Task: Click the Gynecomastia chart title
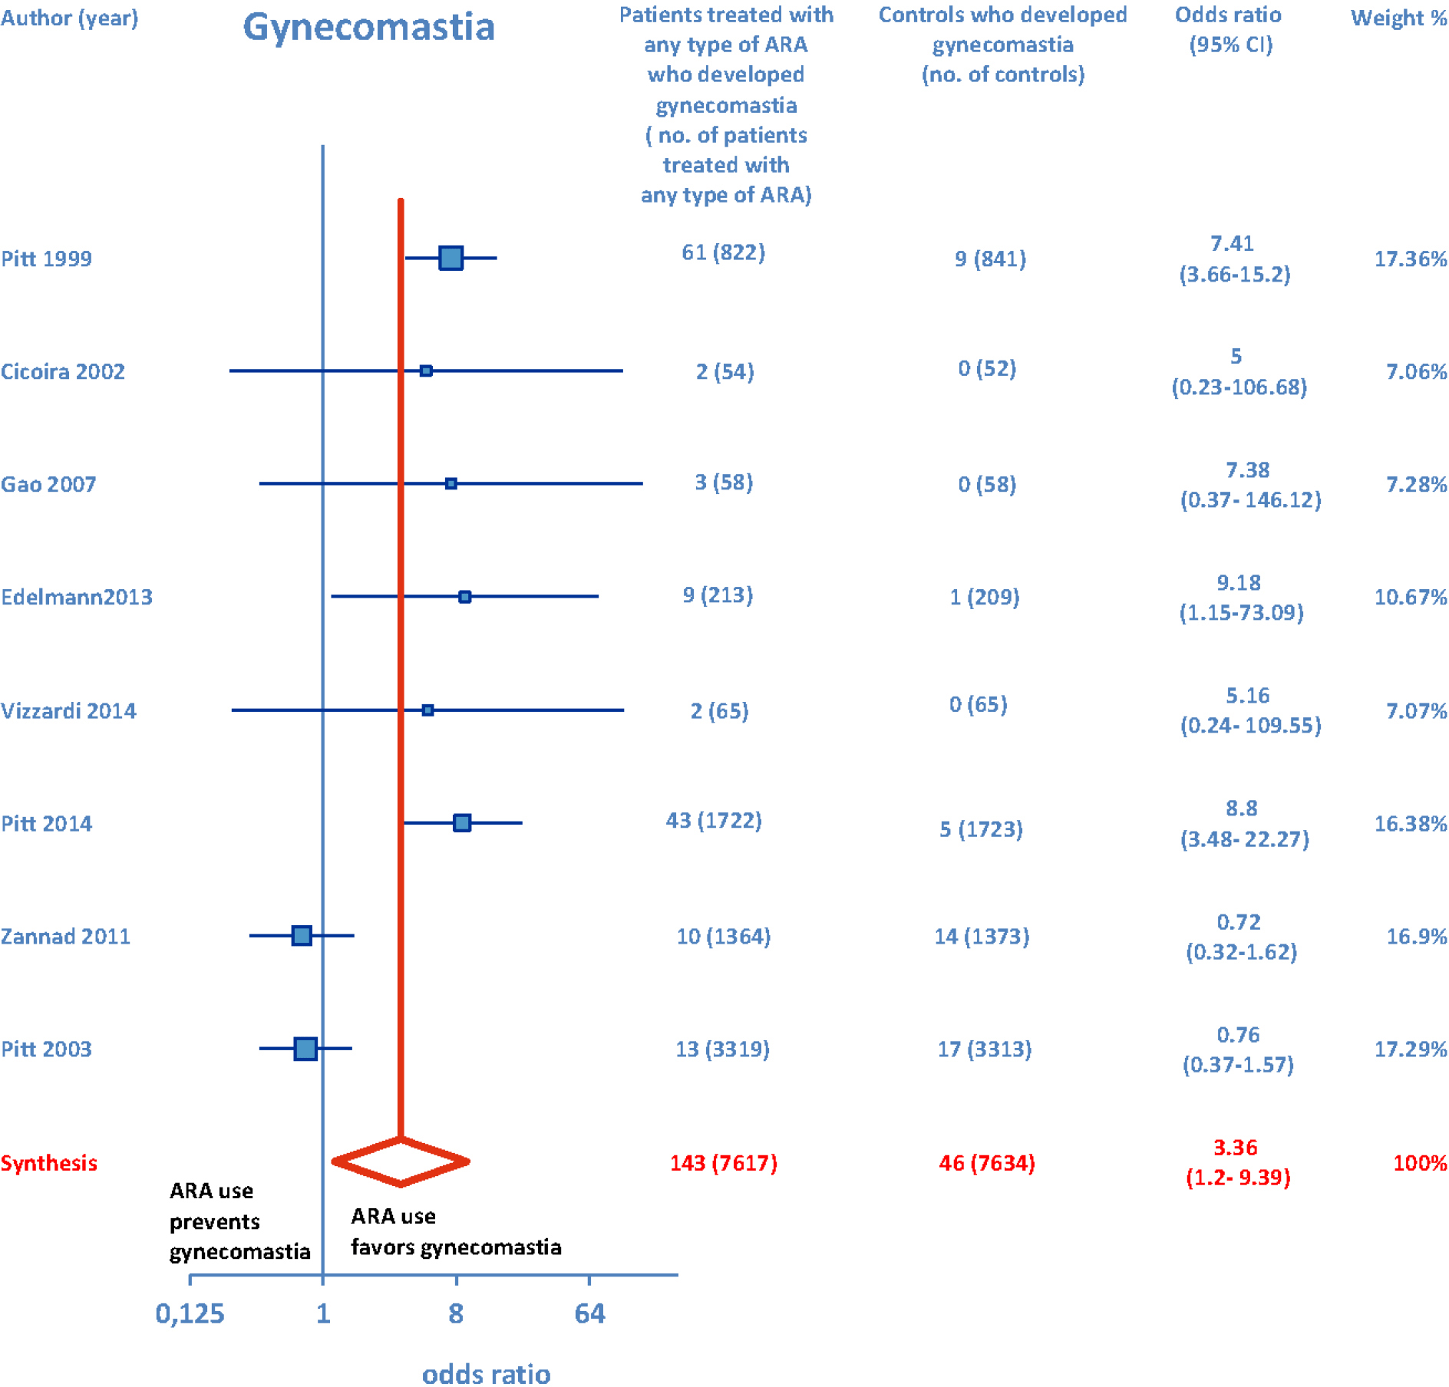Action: [x=368, y=28]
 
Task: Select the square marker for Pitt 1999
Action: [x=451, y=258]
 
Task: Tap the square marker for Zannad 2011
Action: [x=302, y=935]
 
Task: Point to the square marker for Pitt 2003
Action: [x=305, y=1048]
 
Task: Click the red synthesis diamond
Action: [x=401, y=1162]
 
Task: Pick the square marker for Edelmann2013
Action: [x=464, y=596]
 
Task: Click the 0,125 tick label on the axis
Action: [x=190, y=1313]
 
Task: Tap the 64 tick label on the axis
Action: [x=589, y=1313]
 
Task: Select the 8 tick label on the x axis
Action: [x=456, y=1313]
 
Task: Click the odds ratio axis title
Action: [x=486, y=1372]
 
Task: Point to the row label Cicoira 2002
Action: [x=63, y=371]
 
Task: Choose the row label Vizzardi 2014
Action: [x=68, y=710]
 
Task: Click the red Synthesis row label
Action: [x=49, y=1163]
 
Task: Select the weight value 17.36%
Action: [x=1410, y=259]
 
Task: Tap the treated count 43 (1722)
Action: [x=714, y=821]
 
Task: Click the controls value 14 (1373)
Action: [x=982, y=936]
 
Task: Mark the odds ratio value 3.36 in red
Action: [x=1235, y=1148]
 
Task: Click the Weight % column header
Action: [x=1398, y=18]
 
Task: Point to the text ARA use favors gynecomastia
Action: [x=456, y=1231]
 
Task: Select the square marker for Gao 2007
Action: [x=451, y=483]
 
